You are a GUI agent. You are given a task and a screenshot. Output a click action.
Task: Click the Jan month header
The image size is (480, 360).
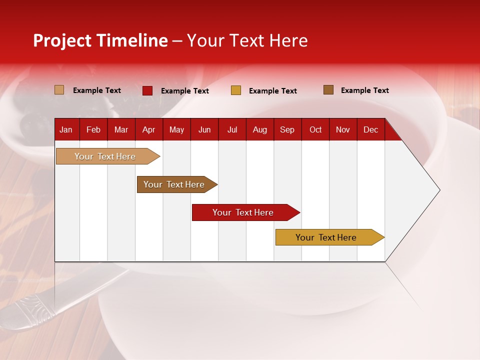(x=66, y=130)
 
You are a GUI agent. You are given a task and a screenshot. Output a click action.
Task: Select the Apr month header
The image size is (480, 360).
(x=148, y=130)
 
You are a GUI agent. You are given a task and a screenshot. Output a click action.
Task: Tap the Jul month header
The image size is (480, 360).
(x=232, y=130)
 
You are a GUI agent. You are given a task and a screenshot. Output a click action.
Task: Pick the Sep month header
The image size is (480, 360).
(x=287, y=130)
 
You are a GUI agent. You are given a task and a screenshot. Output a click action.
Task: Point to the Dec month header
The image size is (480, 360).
(x=370, y=130)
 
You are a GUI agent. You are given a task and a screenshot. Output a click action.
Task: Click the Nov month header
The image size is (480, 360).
(x=342, y=130)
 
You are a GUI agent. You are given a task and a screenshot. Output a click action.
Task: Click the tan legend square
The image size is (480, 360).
(x=59, y=90)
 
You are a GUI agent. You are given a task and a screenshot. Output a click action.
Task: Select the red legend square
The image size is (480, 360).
(x=147, y=90)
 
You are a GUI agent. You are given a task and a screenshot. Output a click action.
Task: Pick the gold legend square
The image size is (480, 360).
(x=236, y=90)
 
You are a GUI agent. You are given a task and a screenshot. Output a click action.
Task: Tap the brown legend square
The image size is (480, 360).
(x=328, y=90)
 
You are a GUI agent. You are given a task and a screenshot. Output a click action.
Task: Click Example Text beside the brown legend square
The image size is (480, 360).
(x=364, y=90)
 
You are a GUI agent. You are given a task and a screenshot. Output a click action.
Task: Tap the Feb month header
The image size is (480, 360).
(x=93, y=130)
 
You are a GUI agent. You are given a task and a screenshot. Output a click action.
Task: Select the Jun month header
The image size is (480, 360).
(x=204, y=130)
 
